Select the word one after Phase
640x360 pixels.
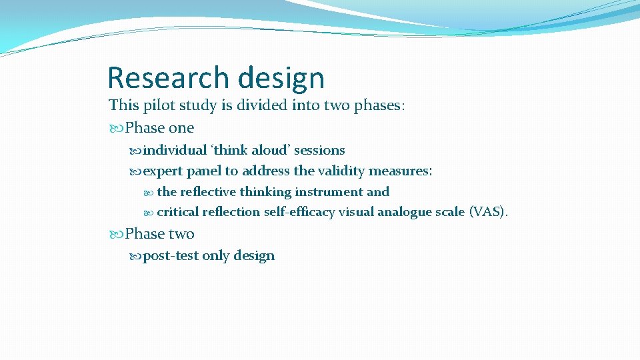point(181,128)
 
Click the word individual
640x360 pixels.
point(175,151)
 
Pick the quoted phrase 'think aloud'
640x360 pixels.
point(250,151)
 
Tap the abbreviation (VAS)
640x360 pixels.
point(489,212)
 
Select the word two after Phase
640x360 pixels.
point(181,234)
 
